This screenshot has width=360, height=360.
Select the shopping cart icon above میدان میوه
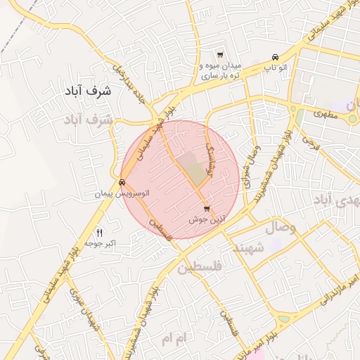(x=220, y=56)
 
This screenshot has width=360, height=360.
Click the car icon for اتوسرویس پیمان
(x=123, y=182)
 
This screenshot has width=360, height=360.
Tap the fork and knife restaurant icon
(x=99, y=233)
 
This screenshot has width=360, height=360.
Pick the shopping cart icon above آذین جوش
(x=206, y=209)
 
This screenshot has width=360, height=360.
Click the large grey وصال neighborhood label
(x=282, y=229)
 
